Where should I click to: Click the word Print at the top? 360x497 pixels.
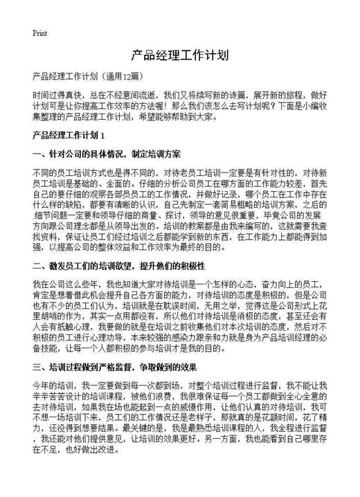(x=39, y=33)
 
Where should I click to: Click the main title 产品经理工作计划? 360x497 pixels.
(x=179, y=55)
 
